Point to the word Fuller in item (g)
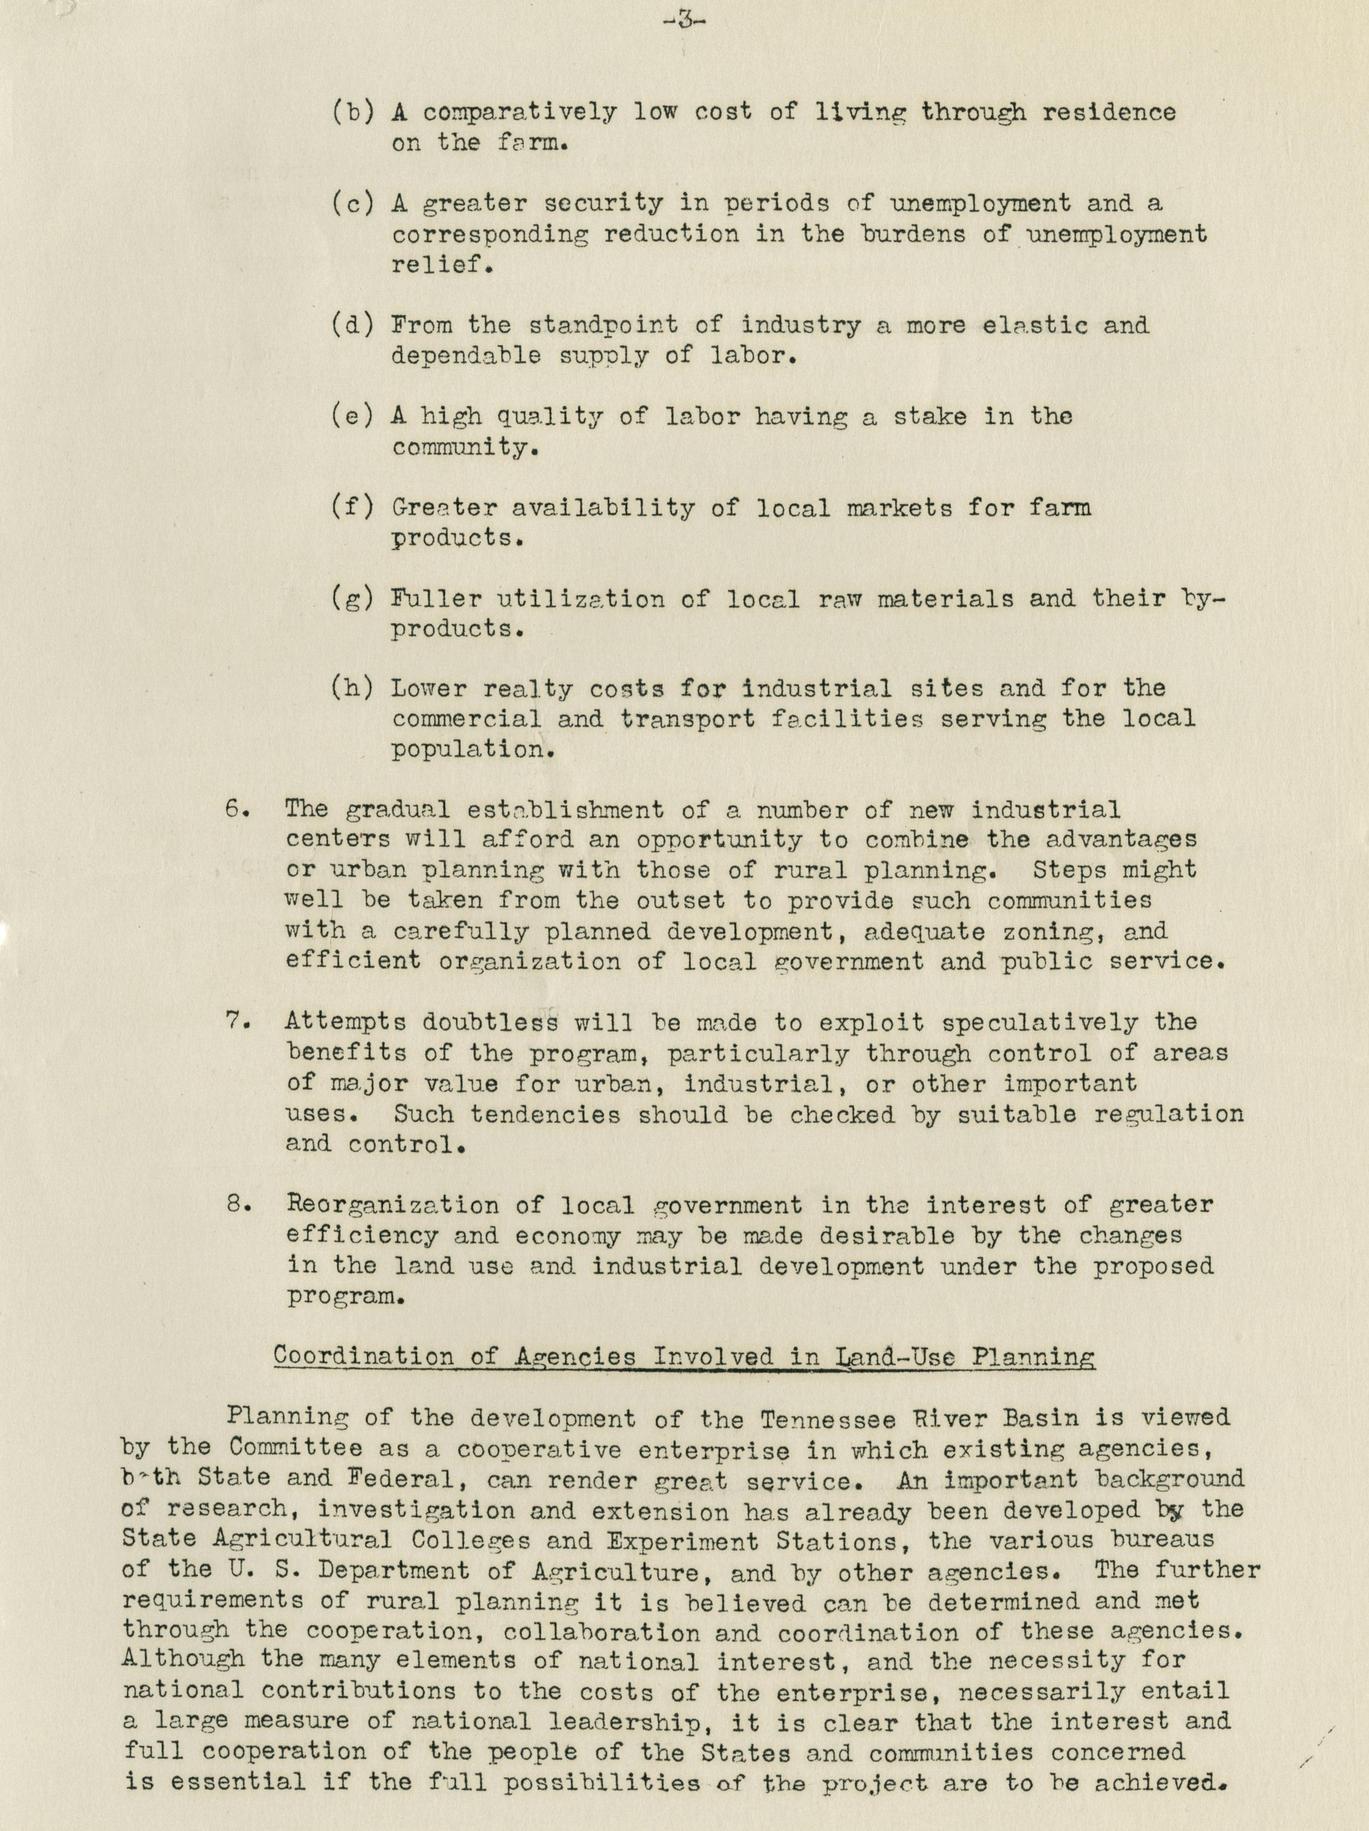432,598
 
